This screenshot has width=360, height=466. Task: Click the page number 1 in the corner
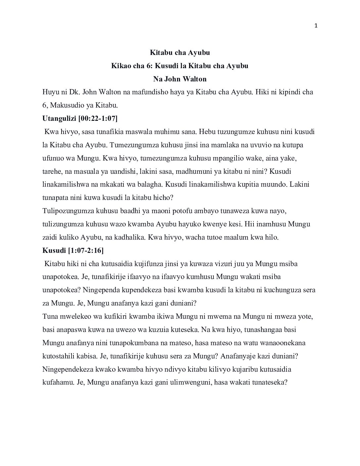[316, 26]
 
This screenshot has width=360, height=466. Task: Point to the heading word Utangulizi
[59, 118]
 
